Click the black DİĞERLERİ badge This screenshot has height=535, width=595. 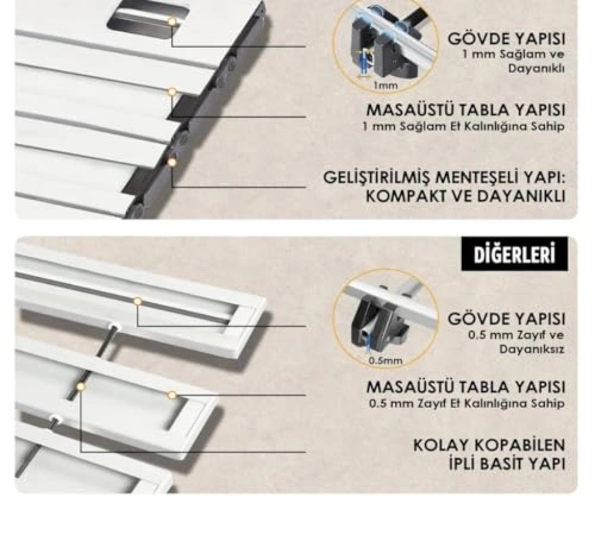click(x=515, y=254)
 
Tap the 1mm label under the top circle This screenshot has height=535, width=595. click(x=386, y=86)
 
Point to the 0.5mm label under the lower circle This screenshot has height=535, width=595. click(x=386, y=361)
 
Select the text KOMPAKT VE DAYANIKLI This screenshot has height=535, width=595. click(x=465, y=196)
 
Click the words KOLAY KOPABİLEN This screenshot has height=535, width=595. click(x=489, y=445)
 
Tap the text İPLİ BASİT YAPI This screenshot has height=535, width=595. click(x=507, y=464)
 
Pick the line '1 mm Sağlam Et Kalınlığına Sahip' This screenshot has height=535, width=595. click(x=463, y=127)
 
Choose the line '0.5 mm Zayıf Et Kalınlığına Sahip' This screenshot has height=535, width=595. click(x=467, y=404)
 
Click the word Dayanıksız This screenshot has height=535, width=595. click(x=532, y=349)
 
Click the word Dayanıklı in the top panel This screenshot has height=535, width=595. click(x=536, y=69)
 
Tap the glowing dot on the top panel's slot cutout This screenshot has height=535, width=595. click(x=172, y=22)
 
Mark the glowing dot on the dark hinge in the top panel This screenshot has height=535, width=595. click(x=172, y=163)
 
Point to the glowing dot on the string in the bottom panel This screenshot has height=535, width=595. click(x=80, y=387)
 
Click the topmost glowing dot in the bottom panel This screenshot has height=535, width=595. click(x=137, y=301)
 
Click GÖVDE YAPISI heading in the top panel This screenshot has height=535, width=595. click(x=507, y=39)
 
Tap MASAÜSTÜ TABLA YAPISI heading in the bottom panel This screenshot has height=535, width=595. click(x=466, y=387)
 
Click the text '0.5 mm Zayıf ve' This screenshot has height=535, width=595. click(x=516, y=335)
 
